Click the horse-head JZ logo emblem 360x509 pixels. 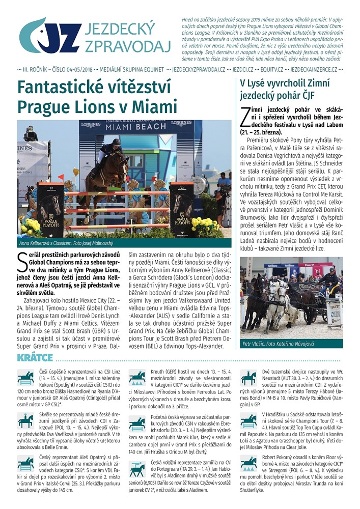point(50,35)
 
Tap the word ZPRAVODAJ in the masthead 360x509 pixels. point(128,46)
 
